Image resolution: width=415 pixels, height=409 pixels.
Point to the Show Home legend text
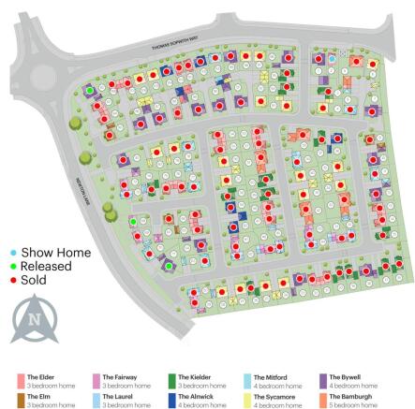coord(56,253)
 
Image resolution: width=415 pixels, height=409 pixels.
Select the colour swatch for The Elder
coord(20,380)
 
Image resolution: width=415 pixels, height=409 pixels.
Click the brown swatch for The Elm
coord(20,400)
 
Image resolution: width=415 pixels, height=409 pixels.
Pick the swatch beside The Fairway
coord(96,380)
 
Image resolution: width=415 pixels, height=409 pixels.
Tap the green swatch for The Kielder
coord(171,380)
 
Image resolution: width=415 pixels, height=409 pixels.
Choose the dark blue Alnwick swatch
coord(171,400)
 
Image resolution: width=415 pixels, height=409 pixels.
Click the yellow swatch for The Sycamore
coord(247,400)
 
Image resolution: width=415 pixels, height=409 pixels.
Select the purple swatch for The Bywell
coord(322,380)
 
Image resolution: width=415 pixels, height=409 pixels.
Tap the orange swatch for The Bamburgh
coord(322,400)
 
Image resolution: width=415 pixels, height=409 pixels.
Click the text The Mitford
coord(269,376)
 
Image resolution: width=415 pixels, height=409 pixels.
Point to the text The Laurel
coord(116,396)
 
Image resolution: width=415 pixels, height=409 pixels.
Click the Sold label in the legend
coord(34,279)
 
